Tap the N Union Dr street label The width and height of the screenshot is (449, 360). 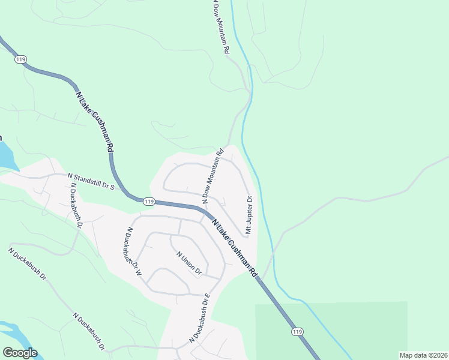188,263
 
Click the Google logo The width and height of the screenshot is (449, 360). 20,353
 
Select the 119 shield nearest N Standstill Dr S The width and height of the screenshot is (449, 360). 149,201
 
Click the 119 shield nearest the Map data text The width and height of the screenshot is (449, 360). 297,332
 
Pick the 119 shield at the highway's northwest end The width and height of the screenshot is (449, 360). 20,59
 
